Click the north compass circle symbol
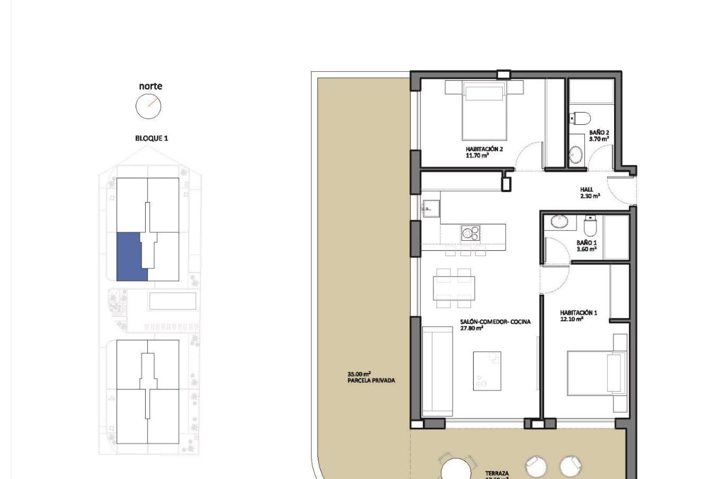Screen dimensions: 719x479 [148, 106]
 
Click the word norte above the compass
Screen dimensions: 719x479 [151, 86]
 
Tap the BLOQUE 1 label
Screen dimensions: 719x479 [151, 138]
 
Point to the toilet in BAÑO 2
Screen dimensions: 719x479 [581, 118]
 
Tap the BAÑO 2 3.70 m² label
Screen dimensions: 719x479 [599, 135]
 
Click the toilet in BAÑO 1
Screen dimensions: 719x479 [590, 225]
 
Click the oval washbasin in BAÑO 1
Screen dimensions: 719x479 [559, 221]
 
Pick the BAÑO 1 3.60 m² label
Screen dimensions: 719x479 [586, 246]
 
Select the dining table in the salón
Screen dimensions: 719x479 [454, 288]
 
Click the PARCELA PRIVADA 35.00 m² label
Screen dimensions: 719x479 [371, 377]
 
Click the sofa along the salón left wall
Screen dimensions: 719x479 [437, 371]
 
